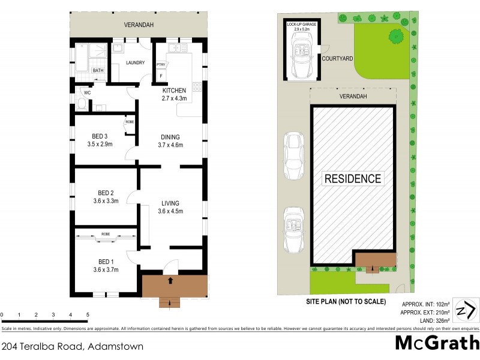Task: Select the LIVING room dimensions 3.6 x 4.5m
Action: [170, 211]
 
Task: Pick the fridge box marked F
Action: [161, 77]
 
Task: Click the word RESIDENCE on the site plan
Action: [353, 178]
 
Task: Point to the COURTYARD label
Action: [337, 59]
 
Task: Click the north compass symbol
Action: [466, 311]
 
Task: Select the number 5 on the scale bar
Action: [88, 314]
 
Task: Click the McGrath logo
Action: [437, 343]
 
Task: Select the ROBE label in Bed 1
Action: [105, 234]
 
